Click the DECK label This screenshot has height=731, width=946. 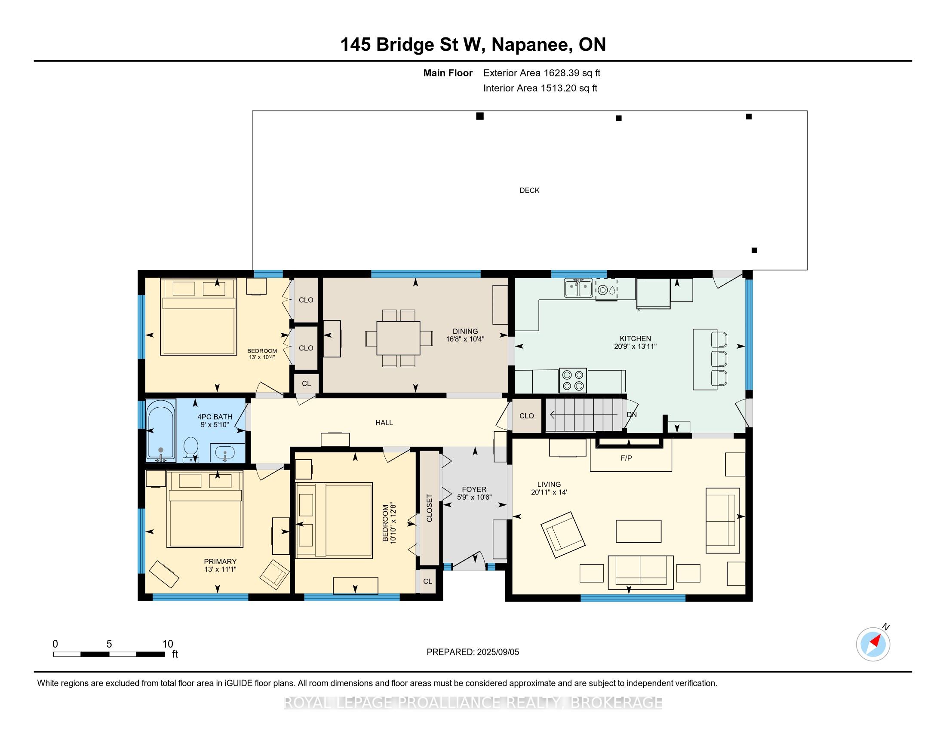[529, 190]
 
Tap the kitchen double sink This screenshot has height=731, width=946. [578, 288]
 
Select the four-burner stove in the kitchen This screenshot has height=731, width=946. [573, 380]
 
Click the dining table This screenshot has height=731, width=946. [399, 338]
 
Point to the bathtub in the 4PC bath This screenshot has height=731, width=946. [161, 430]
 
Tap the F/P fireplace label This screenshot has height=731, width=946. [627, 458]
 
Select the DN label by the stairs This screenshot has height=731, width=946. [632, 415]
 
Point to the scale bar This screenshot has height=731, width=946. [109, 654]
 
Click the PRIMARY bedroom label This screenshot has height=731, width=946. [220, 562]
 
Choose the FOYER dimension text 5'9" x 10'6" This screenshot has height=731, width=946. [474, 497]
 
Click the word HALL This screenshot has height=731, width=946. [384, 423]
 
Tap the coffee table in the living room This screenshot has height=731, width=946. [639, 531]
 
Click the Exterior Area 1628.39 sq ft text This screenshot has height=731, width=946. [542, 73]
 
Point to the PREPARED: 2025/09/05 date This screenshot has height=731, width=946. [473, 652]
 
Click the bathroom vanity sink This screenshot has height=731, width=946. [225, 453]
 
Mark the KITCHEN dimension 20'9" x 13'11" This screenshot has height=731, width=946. [636, 347]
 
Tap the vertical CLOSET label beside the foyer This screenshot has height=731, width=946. [429, 508]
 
